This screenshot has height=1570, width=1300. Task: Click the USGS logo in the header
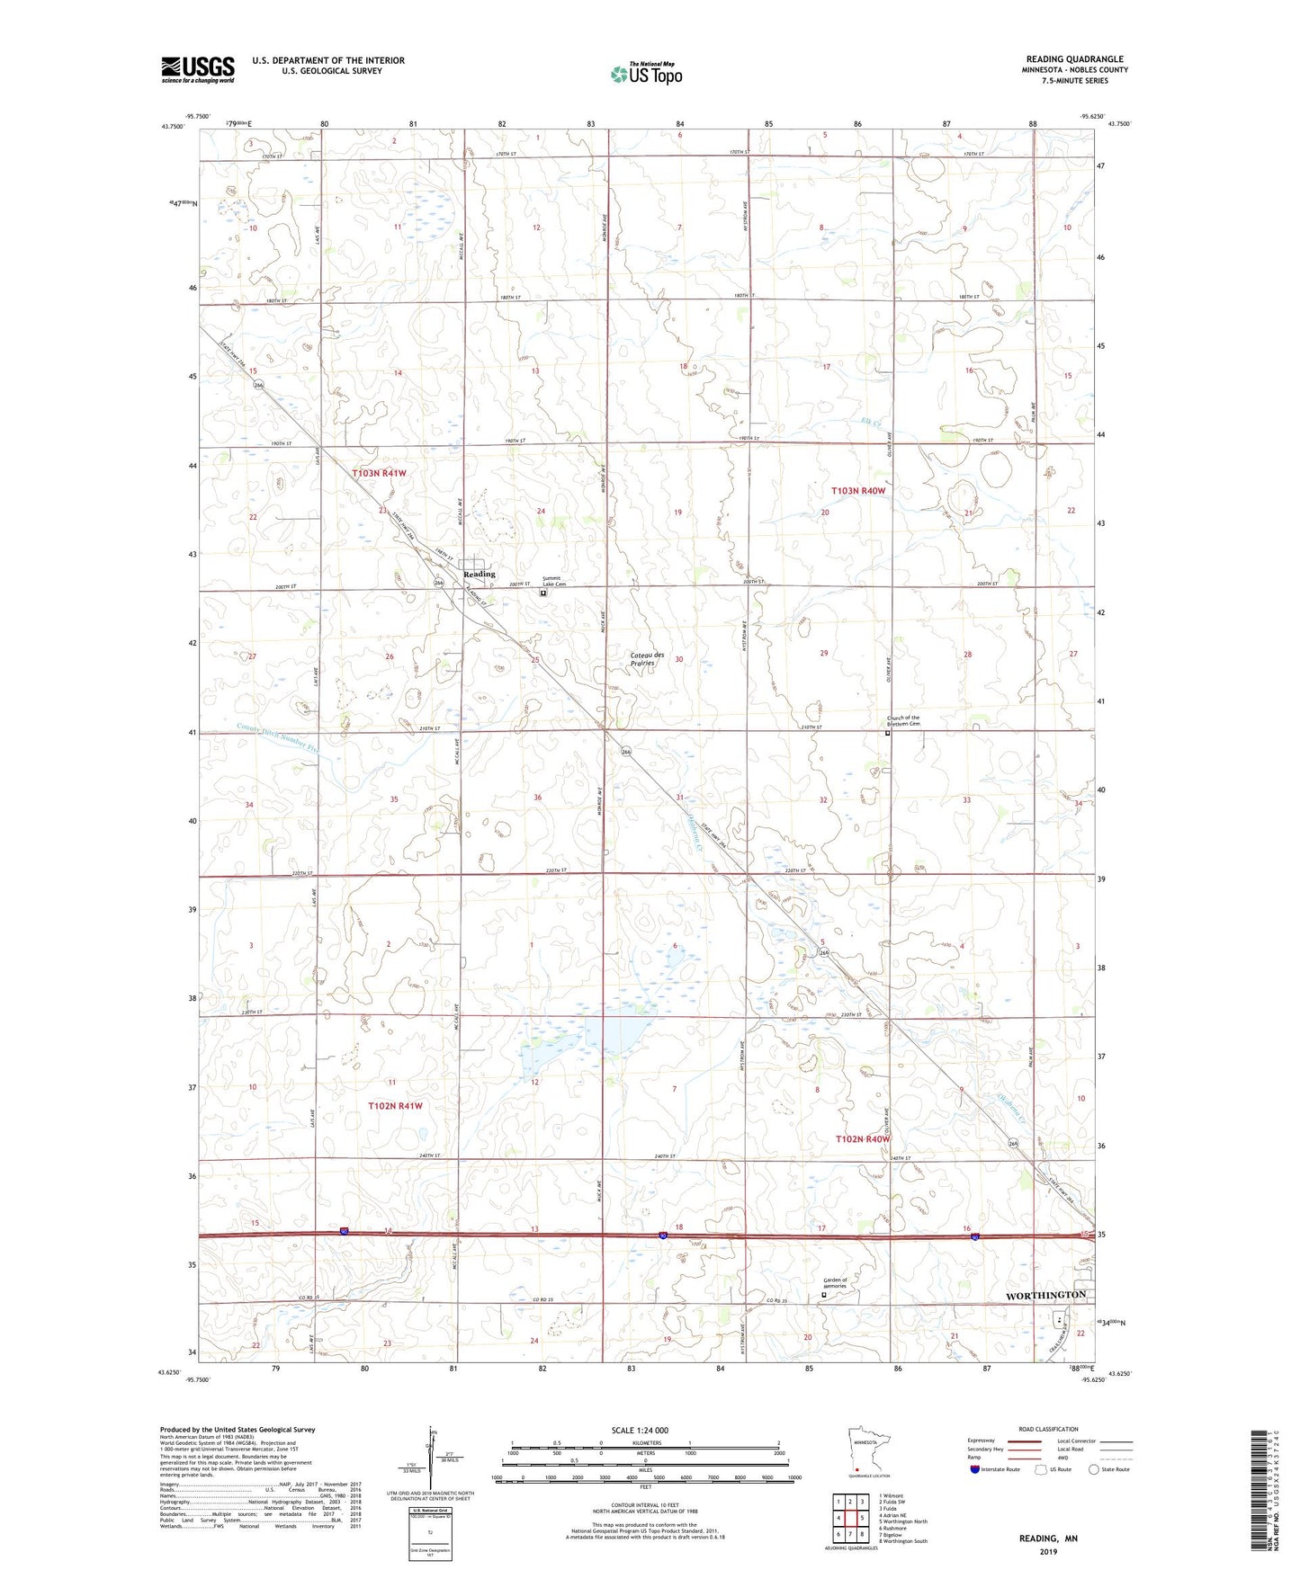(198, 69)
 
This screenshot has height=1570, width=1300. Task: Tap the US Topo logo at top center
(646, 74)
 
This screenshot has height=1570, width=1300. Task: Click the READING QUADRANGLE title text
(1074, 59)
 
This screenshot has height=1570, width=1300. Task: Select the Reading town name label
(479, 574)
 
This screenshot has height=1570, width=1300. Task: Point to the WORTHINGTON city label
(1044, 1294)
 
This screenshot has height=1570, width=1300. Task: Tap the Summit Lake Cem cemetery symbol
(542, 593)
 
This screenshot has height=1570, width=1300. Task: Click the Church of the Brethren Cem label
(903, 720)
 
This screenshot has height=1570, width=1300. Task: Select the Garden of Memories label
(835, 1282)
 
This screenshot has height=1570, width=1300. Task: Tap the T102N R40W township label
(863, 1138)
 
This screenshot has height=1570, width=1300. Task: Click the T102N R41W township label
(394, 1105)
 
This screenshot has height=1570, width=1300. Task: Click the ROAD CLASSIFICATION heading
(1048, 1429)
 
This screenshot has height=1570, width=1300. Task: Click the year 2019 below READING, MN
(1048, 1551)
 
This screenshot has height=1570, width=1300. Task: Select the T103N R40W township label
(858, 491)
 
